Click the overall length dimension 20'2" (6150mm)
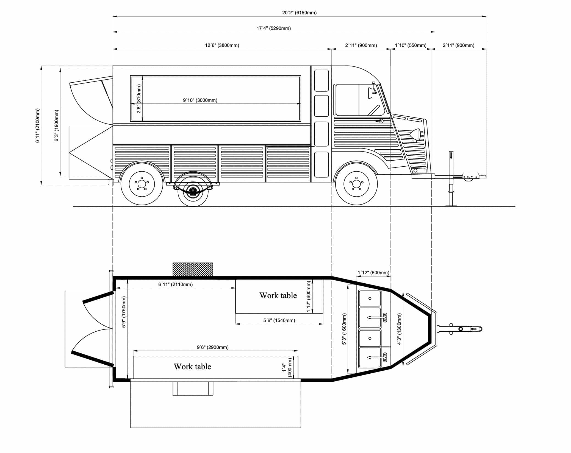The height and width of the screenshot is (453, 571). pos(299,13)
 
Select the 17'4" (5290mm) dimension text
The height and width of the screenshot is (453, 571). pos(274,28)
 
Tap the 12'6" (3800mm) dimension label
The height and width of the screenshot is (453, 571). pos(222,45)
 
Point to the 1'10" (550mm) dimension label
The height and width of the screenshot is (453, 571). pos(411,45)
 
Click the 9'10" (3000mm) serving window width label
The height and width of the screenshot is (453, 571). pos(200,100)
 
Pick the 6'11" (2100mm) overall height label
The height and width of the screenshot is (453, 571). pos(38,125)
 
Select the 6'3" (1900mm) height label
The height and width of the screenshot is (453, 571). pos(57,125)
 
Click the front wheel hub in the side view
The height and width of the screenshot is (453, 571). pos(356,184)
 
